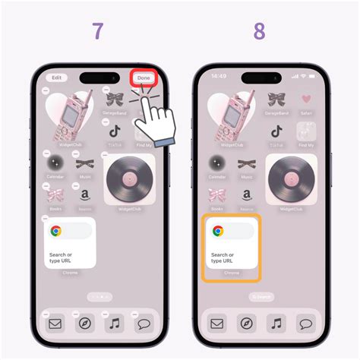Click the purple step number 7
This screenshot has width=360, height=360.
tap(98, 31)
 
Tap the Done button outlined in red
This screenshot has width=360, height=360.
tap(144, 77)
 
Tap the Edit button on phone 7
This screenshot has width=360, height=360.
tap(55, 77)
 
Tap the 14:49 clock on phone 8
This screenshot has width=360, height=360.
tap(220, 77)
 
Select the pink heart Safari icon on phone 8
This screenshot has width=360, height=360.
tap(306, 99)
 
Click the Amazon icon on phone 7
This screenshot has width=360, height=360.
tap(85, 194)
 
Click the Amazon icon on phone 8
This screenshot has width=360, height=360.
tap(247, 194)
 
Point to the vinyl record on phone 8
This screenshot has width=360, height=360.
tap(291, 181)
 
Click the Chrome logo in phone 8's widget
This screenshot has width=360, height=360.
tap(218, 232)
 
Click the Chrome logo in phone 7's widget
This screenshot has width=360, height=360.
tap(56, 232)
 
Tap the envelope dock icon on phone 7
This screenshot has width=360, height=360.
tap(55, 324)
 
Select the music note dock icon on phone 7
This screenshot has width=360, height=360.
tap(115, 324)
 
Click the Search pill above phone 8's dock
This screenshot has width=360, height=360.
tap(262, 297)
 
